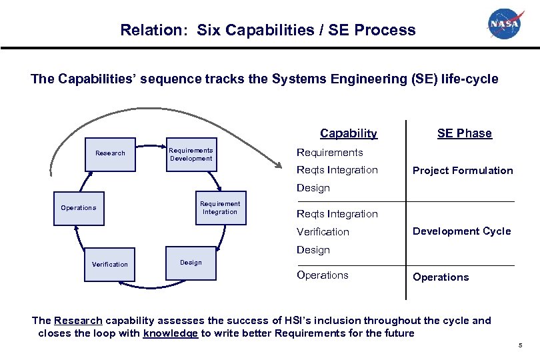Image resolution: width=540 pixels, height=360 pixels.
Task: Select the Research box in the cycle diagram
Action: click(110, 153)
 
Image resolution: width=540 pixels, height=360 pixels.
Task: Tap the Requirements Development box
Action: click(191, 155)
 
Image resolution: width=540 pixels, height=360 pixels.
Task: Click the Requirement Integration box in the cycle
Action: click(220, 208)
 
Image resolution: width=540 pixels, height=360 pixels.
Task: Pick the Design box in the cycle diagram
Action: click(191, 263)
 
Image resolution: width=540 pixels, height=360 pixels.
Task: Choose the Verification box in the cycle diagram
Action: click(110, 265)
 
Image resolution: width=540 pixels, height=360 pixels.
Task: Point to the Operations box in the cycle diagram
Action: click(79, 208)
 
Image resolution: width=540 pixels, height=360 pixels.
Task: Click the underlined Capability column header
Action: click(349, 133)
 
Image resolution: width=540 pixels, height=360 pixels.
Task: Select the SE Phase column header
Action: click(464, 133)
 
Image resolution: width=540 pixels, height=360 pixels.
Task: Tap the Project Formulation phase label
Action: click(463, 171)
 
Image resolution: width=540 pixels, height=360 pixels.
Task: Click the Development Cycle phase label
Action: click(461, 231)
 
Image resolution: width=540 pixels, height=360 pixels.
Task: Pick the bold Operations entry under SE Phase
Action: click(441, 277)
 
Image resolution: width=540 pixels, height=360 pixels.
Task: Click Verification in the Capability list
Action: click(323, 232)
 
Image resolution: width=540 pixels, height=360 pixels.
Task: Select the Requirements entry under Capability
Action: click(329, 153)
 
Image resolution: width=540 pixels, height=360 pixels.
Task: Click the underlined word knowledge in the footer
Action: click(170, 333)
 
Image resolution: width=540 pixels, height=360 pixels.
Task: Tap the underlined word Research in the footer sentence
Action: click(77, 321)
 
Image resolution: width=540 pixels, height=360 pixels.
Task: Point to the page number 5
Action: click(520, 345)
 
